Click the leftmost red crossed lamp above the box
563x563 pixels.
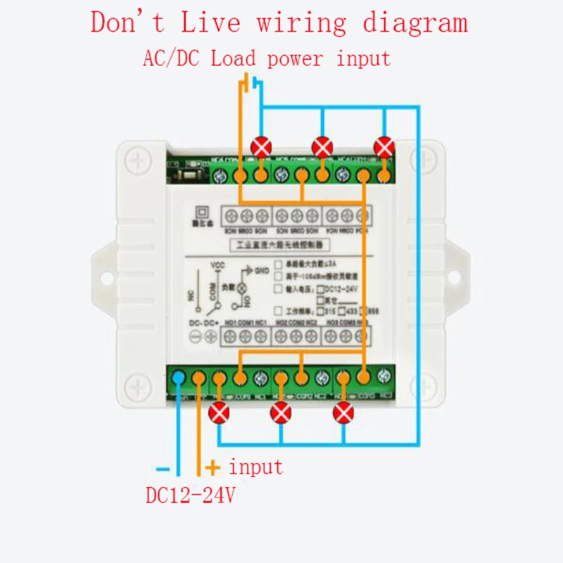(261, 148)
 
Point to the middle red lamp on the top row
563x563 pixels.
(322, 148)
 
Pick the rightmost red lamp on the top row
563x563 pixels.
(384, 148)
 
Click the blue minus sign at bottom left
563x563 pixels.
(163, 467)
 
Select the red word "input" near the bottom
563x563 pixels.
(256, 467)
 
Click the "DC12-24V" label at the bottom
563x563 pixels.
(190, 495)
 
